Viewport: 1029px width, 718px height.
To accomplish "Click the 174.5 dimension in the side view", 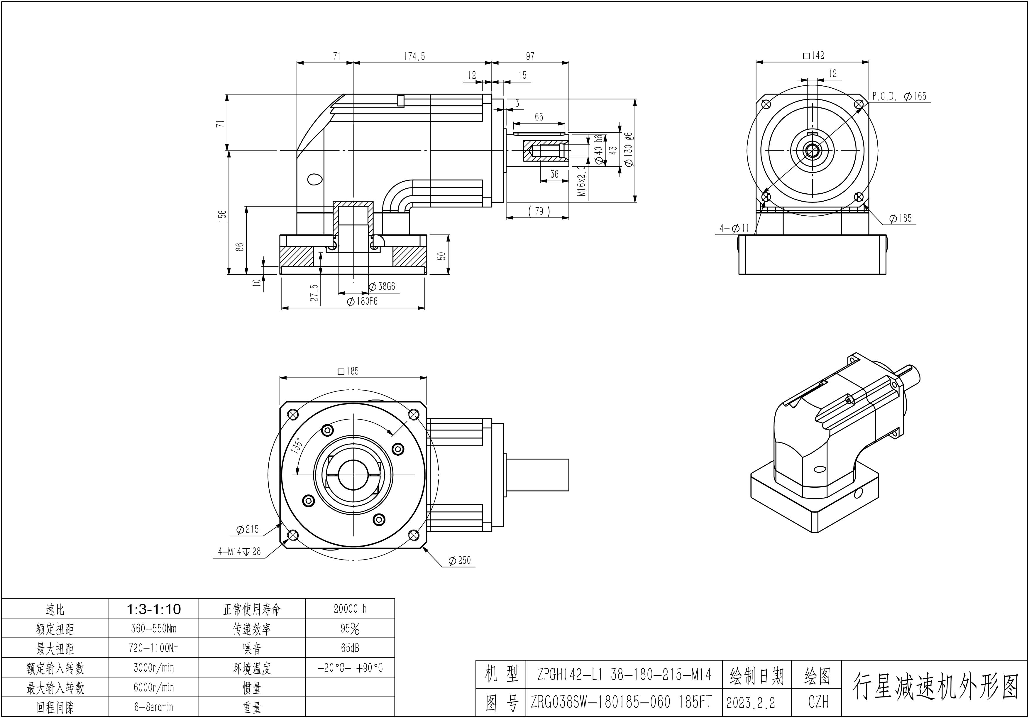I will [x=414, y=56].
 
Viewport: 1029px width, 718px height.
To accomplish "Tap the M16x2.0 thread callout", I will [x=581, y=181].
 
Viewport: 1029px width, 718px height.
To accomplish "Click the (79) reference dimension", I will [x=539, y=211].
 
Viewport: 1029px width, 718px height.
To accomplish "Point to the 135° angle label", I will [x=298, y=446].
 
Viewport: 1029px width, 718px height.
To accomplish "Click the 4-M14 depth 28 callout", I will [x=239, y=552].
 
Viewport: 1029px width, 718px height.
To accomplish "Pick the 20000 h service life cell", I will [x=350, y=609].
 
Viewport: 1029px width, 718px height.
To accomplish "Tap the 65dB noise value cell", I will [x=350, y=648].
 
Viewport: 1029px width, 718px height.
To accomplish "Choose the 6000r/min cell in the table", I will [x=154, y=687].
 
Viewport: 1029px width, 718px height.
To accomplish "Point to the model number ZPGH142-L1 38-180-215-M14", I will [x=624, y=675].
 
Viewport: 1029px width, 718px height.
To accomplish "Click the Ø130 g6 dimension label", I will [x=628, y=149].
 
